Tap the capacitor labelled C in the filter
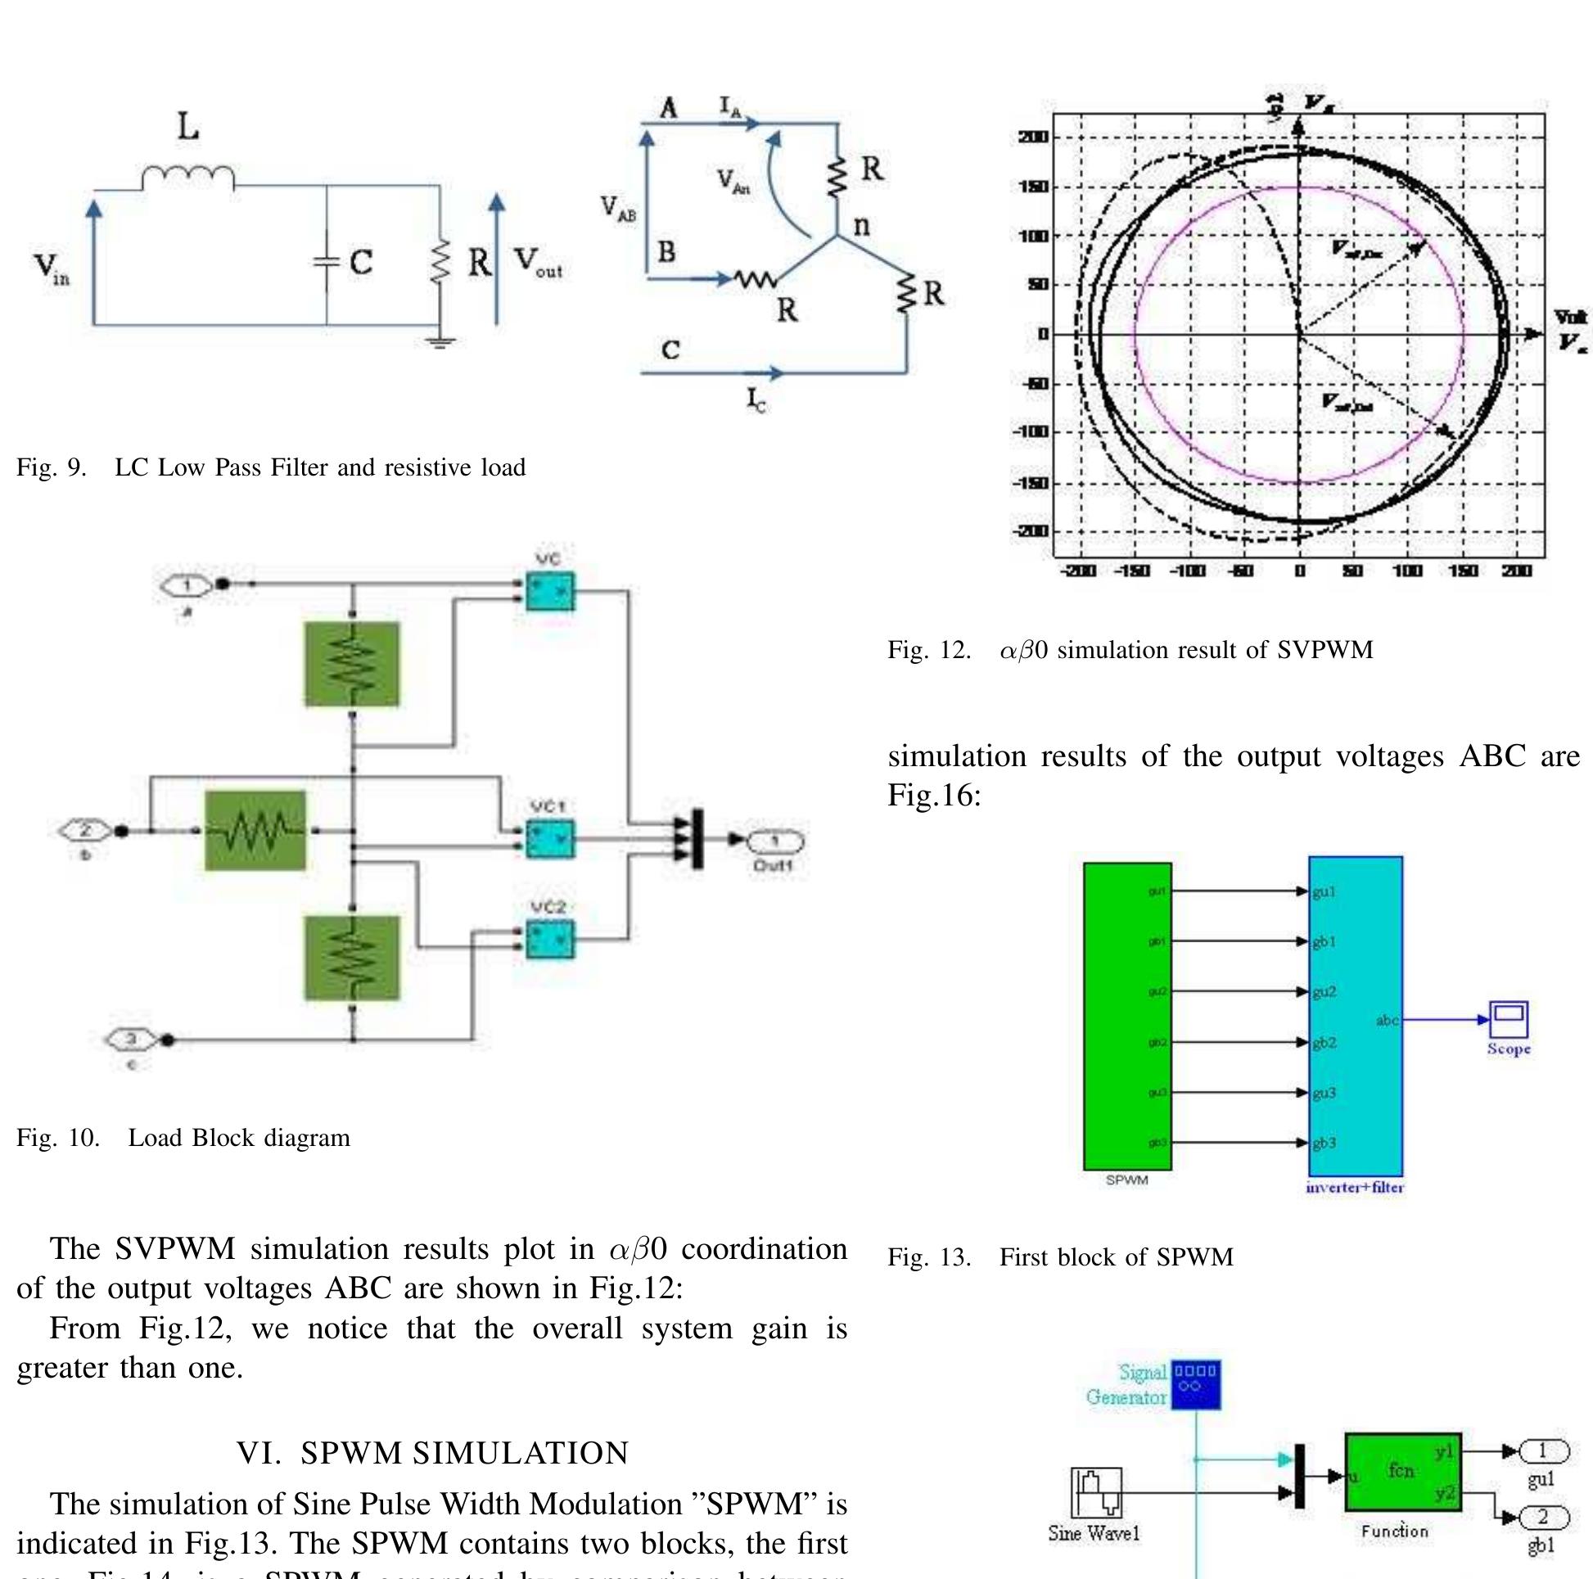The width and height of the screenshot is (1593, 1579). coord(327,262)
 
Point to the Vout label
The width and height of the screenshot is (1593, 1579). coord(538,262)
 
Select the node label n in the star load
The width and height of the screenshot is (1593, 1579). coord(861,224)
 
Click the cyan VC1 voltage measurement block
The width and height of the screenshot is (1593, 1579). coord(550,838)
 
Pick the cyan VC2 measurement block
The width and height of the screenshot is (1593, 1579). coord(550,939)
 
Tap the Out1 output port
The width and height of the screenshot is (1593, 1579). coord(774,840)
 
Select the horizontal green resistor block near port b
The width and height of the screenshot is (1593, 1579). coord(255,829)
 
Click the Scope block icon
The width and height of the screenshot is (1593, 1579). coord(1508,1020)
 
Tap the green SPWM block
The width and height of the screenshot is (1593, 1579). coord(1127,1016)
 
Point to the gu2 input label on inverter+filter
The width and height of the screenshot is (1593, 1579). coord(1324,992)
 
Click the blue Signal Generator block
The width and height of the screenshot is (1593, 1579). coord(1197,1384)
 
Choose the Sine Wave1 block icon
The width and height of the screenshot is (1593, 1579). coord(1096,1491)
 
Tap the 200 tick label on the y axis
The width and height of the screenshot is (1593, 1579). coord(1033,137)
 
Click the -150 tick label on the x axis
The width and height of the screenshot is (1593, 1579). coord(1132,571)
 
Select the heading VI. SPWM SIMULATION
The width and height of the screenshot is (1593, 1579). coord(432,1453)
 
